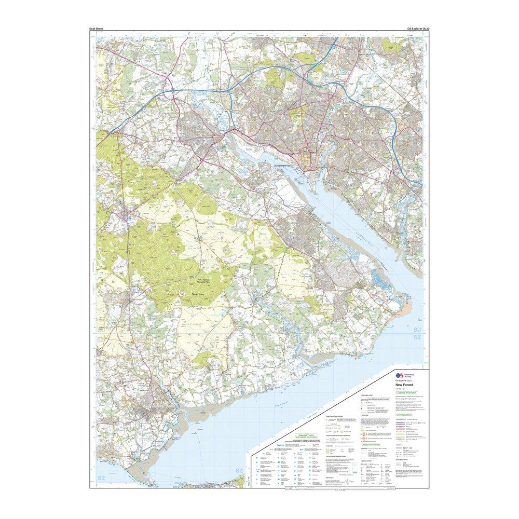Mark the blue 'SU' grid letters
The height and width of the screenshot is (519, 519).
(x=417, y=330)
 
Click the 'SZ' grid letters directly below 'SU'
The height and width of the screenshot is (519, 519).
(x=417, y=338)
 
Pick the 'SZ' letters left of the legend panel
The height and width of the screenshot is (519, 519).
(x=239, y=471)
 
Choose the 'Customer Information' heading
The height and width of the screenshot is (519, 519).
(x=407, y=393)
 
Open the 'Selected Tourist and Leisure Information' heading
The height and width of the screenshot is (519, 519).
(x=303, y=436)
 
